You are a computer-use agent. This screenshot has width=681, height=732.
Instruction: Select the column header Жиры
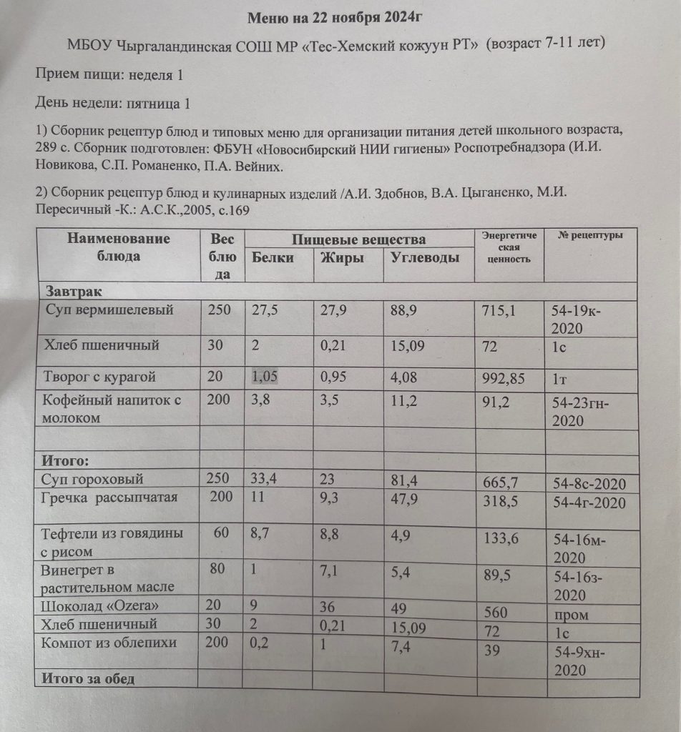342,259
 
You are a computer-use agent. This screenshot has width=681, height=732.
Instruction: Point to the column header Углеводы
425,259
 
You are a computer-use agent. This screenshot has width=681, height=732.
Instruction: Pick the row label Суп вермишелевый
109,311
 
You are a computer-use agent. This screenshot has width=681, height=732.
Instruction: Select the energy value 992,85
504,378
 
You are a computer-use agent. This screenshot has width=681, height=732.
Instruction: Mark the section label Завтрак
74,292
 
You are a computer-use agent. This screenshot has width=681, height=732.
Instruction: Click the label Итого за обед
89,678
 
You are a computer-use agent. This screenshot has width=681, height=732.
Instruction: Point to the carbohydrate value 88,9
404,311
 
